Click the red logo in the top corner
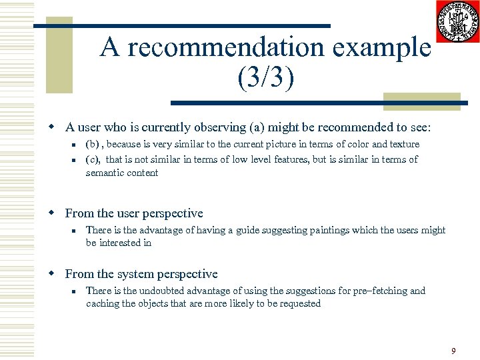pos(458,21)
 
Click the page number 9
pos(453,351)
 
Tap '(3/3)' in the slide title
pos(265,77)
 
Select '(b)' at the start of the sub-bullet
pos(95,144)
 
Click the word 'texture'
pos(404,144)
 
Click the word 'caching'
pos(101,303)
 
